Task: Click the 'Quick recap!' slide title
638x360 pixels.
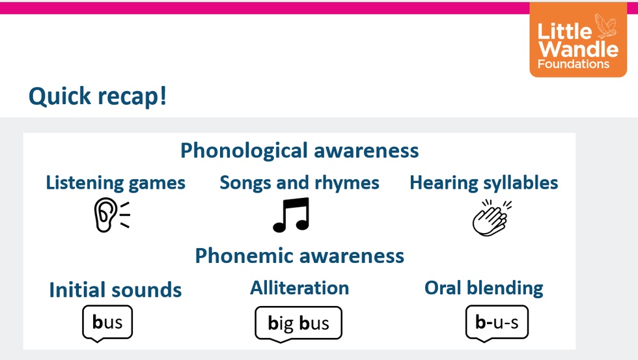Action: [98, 96]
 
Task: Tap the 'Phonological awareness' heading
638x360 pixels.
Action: [299, 150]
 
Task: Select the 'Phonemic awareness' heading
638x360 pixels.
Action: [299, 256]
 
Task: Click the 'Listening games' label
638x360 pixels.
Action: [116, 183]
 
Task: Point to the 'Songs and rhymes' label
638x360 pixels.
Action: [299, 183]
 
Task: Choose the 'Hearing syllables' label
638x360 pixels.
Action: [484, 183]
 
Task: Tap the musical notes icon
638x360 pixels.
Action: [292, 215]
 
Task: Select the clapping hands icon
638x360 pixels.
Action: [491, 217]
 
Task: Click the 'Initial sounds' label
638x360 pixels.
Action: [116, 290]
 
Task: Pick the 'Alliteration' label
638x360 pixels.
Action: [299, 288]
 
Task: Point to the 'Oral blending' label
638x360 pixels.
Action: [484, 288]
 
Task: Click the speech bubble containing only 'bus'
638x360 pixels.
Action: [107, 322]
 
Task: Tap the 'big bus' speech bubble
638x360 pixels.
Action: [298, 323]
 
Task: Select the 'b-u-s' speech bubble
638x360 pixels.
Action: [497, 322]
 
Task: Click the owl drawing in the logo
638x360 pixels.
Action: [606, 25]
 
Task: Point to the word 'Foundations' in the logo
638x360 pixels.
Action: [574, 64]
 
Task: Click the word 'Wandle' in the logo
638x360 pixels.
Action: [579, 49]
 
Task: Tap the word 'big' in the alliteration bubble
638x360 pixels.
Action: [281, 324]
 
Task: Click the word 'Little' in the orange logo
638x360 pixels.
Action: [565, 31]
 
